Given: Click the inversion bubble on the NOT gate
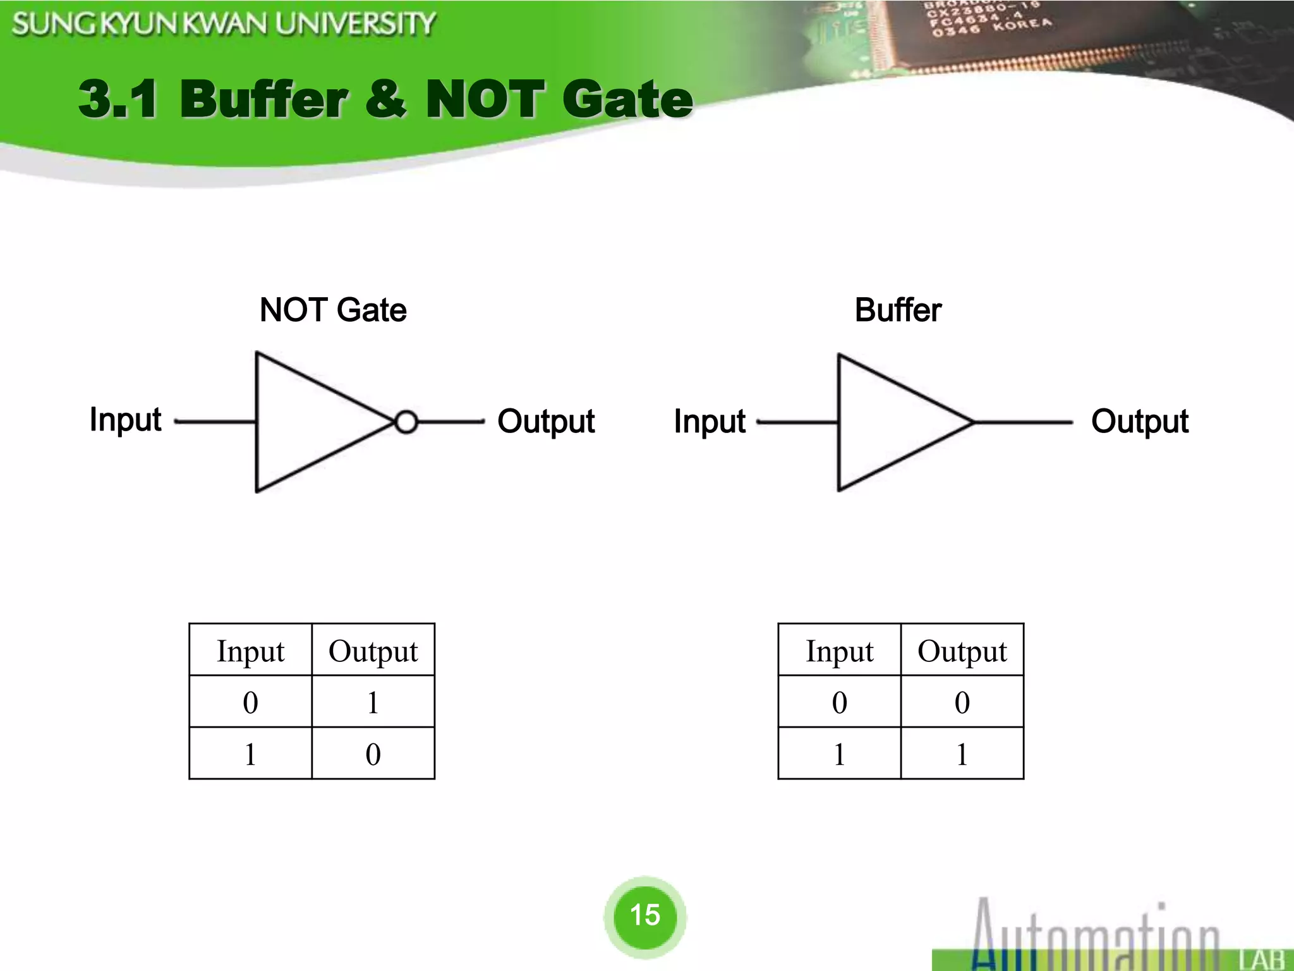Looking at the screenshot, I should [406, 422].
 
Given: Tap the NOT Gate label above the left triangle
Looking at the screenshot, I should [333, 310].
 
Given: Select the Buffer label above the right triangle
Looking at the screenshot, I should [898, 310].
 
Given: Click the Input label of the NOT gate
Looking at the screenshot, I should [125, 420].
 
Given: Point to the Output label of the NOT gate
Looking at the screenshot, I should [546, 422].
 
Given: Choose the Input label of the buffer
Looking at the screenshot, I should [710, 422].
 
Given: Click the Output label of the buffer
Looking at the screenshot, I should [1140, 422].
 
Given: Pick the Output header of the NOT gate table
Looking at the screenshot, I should [373, 651].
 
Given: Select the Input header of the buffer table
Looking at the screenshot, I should [839, 651].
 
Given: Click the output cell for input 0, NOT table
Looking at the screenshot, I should [373, 702].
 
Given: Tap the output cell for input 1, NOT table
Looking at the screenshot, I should [373, 754].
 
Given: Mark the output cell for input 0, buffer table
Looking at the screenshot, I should [962, 702].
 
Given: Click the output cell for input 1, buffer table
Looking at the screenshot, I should [962, 754].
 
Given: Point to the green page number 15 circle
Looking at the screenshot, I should [644, 915].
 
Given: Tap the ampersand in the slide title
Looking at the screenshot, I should [386, 99].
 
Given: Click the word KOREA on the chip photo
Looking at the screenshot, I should [1022, 25].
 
